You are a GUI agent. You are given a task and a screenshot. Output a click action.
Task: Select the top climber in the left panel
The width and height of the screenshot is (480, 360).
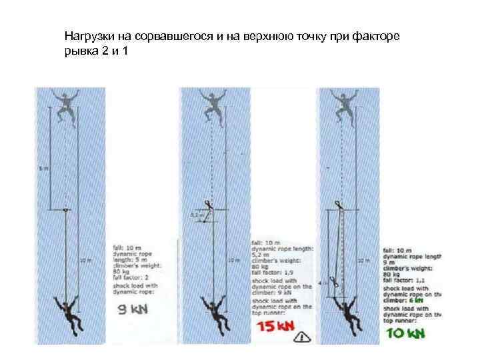click(x=65, y=107)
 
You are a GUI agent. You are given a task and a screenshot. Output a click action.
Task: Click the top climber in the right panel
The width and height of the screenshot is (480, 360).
click(x=345, y=107)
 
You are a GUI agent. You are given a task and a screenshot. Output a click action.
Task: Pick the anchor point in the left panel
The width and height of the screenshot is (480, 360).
click(x=65, y=211)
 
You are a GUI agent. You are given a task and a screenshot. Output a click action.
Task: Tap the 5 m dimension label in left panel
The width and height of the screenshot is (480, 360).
click(x=44, y=167)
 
